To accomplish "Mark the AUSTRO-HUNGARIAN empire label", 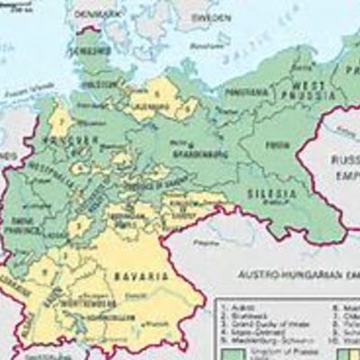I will (288, 269).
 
